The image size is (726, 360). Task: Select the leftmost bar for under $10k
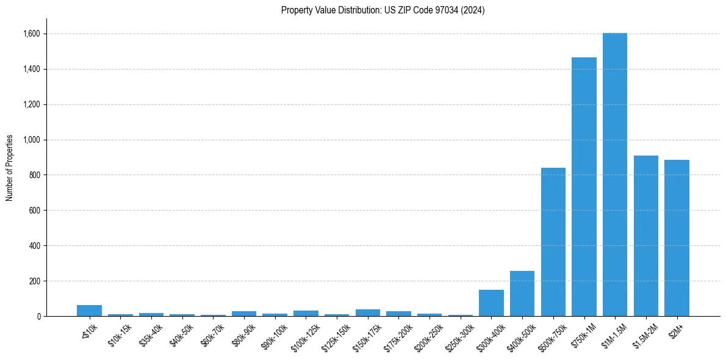point(89,311)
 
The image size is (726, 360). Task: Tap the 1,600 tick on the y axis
point(32,34)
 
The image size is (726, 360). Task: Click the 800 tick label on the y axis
point(35,175)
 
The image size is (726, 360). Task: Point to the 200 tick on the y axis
point(35,281)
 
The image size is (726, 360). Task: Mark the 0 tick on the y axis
point(38,317)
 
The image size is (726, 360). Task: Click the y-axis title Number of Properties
point(10,168)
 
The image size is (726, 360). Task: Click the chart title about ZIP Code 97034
point(383,10)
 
